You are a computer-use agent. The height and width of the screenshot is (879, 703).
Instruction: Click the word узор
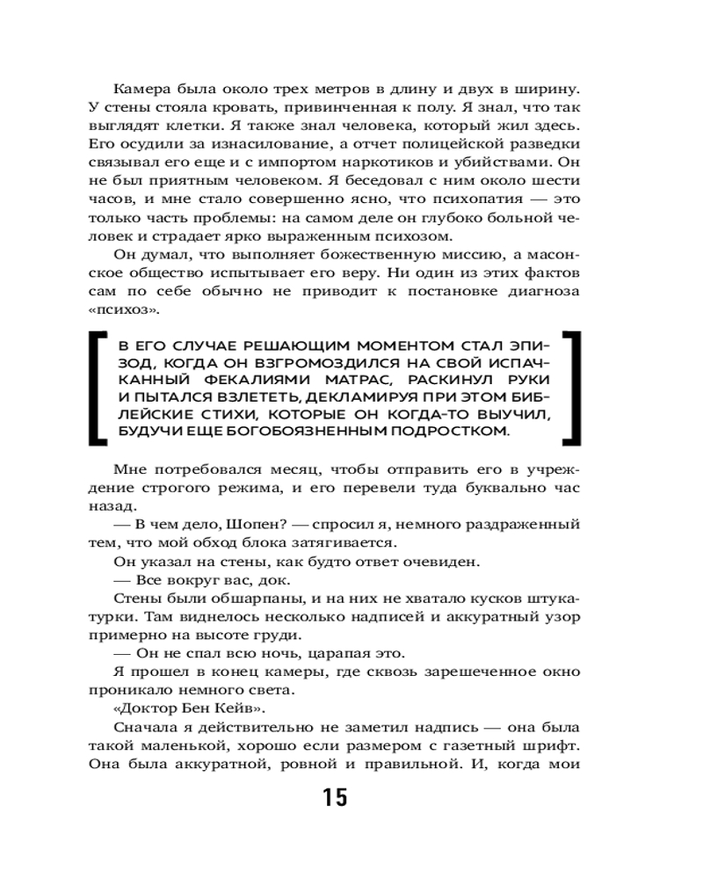click(562, 616)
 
